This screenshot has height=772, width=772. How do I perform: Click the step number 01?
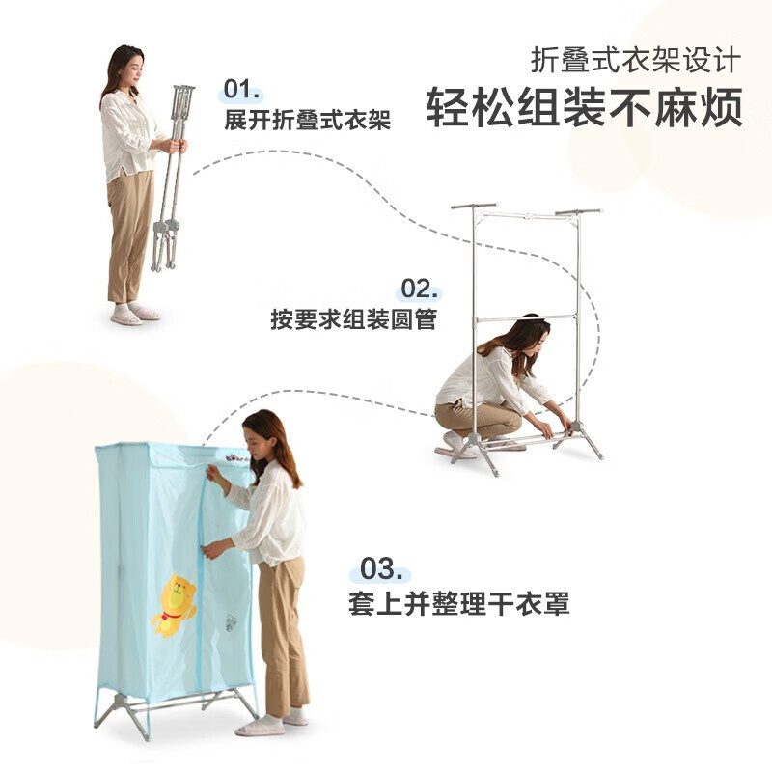pos(242,91)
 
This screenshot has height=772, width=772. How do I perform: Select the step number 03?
pos(380,567)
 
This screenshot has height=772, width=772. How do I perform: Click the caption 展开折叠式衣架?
pos(307,122)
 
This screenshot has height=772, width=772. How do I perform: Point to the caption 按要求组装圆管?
pos(353,319)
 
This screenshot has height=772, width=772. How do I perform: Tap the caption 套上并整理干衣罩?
pos(458,604)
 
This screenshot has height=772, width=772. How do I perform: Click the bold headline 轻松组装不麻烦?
pos(585,107)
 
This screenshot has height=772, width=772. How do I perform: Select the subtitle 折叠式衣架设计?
pos(636,60)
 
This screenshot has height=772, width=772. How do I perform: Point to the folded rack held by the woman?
pos(172,174)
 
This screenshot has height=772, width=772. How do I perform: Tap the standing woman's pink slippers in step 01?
pos(134,314)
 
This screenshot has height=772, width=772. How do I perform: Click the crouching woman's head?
pos(528,334)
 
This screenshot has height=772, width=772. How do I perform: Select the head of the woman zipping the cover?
pos(264,433)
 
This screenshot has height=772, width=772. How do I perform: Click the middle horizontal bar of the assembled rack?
pos(526,317)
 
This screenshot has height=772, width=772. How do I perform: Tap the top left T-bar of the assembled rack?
pos(473,206)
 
